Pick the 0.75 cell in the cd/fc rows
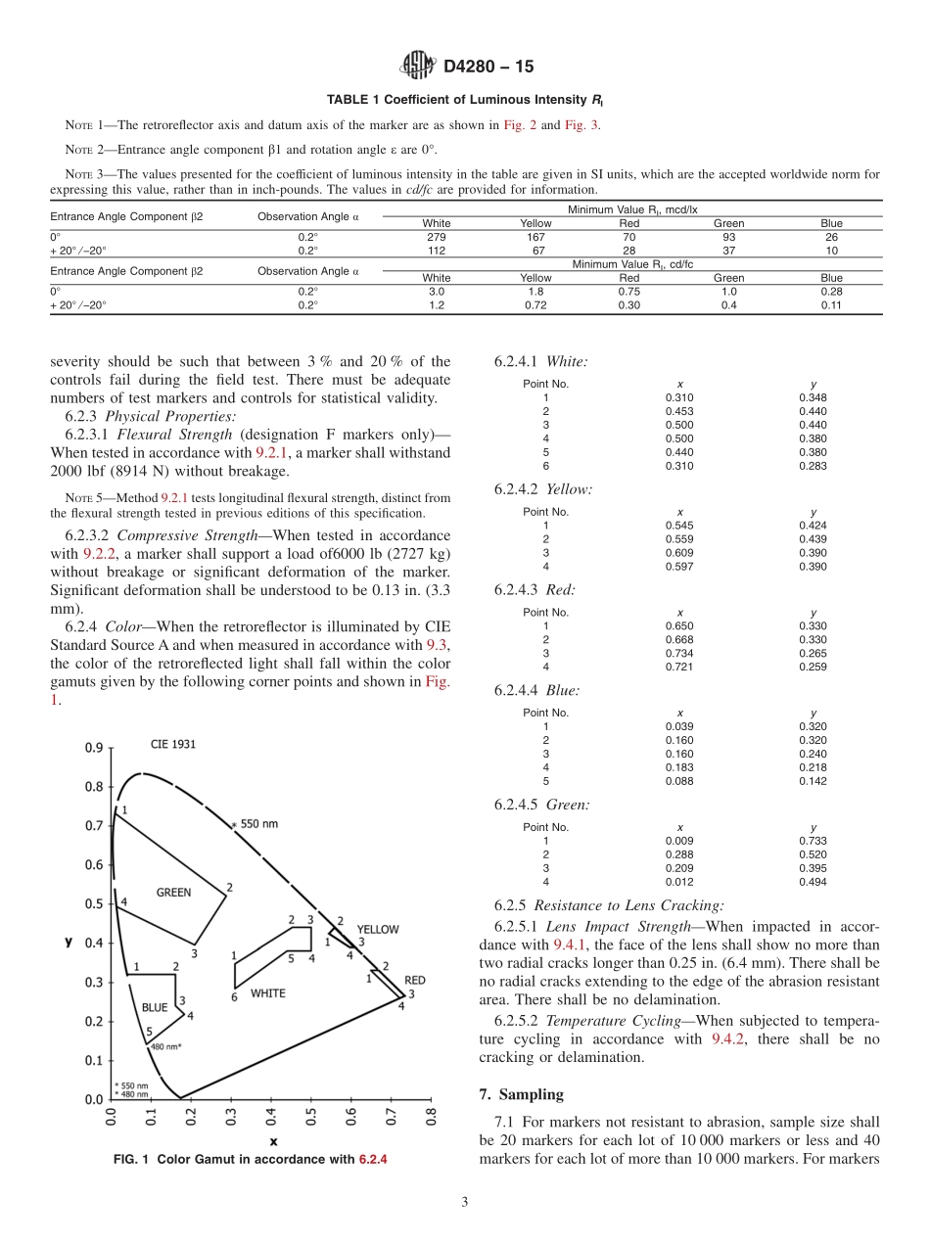(x=629, y=291)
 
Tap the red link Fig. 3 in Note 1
(x=582, y=124)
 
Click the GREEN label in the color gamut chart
(x=173, y=892)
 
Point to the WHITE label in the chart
(x=268, y=992)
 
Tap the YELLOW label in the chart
(x=377, y=928)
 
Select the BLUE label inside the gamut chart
(x=155, y=1006)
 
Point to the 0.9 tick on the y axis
(x=93, y=749)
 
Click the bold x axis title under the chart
(x=273, y=1140)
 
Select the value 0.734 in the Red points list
(x=679, y=653)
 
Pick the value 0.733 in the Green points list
(x=813, y=840)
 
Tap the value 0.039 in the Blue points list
(x=679, y=726)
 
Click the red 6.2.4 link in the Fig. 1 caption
(x=373, y=1160)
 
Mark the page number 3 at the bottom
(x=465, y=1202)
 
